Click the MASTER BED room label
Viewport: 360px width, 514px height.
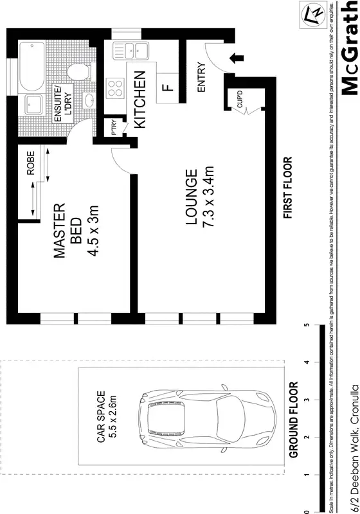point(67,231)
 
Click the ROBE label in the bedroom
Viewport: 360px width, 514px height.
point(30,163)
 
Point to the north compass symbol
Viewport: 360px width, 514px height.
point(316,12)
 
